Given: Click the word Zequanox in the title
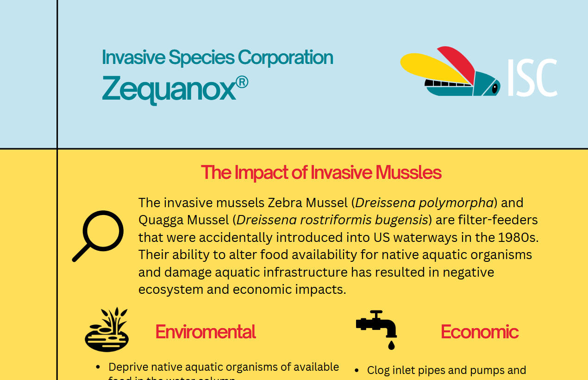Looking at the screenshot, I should [169, 88].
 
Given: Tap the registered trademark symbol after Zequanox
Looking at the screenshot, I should [242, 82].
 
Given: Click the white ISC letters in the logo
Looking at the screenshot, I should [532, 77].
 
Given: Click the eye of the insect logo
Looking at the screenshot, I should [494, 87].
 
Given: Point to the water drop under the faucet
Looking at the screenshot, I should [392, 345].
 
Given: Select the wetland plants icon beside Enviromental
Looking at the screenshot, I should [107, 329].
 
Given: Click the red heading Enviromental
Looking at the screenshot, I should [206, 332].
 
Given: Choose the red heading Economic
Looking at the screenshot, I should [479, 332].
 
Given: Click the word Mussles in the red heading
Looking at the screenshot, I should [408, 172].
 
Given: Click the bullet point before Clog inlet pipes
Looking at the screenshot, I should [357, 371].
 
